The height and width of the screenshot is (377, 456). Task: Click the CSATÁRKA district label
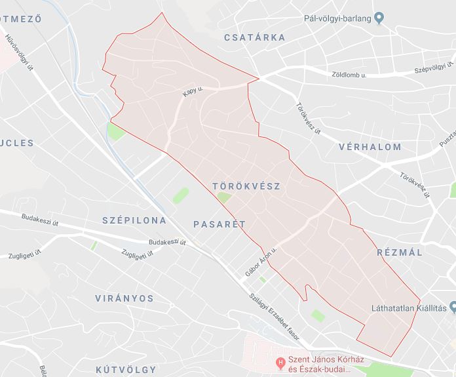click(x=254, y=37)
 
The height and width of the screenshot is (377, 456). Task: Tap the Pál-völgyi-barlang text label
click(x=337, y=18)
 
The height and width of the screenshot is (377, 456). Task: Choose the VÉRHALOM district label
click(x=370, y=147)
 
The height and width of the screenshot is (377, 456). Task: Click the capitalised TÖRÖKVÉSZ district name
click(x=246, y=186)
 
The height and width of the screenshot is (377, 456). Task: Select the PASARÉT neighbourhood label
click(x=219, y=224)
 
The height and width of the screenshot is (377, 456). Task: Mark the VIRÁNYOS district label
click(x=124, y=298)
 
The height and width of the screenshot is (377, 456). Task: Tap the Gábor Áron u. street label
click(x=261, y=262)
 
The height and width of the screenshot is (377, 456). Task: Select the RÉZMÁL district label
click(x=400, y=252)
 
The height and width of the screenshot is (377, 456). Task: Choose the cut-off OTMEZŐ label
click(x=21, y=19)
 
